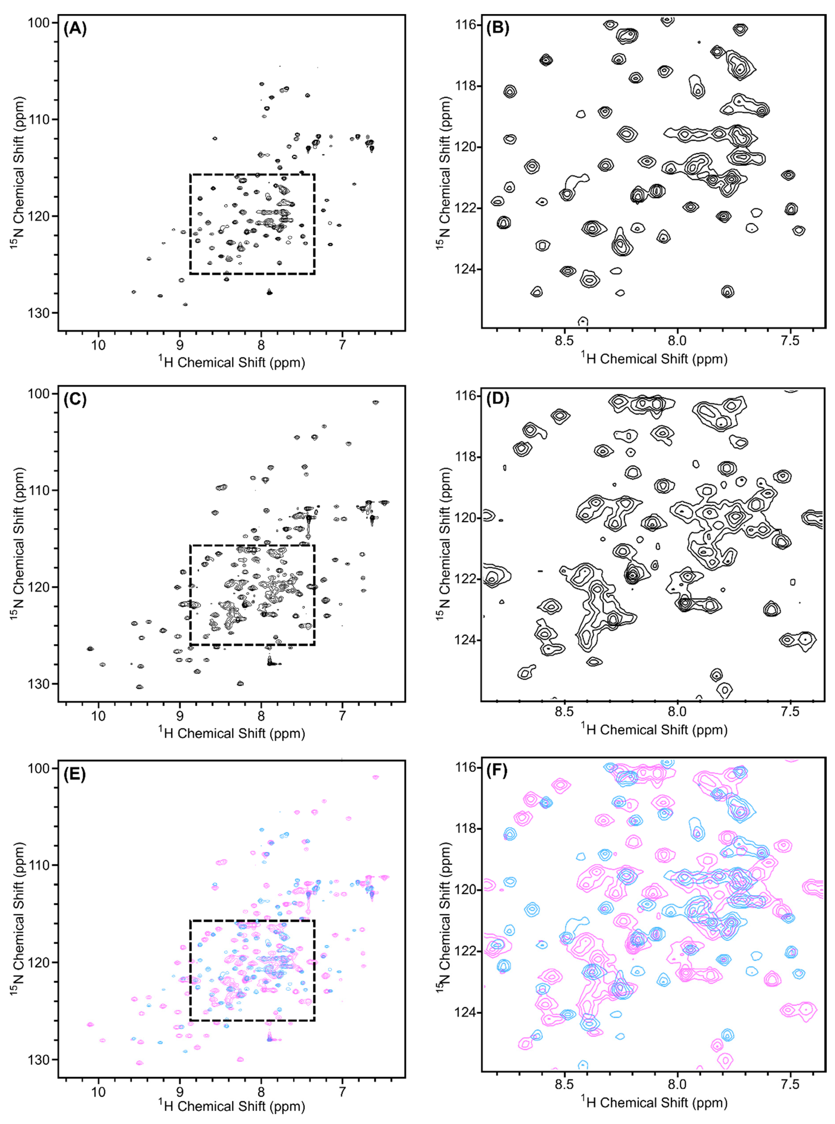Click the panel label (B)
point(497,28)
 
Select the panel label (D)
point(497,399)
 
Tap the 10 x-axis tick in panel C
point(98,716)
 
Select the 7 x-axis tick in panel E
point(343,1092)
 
